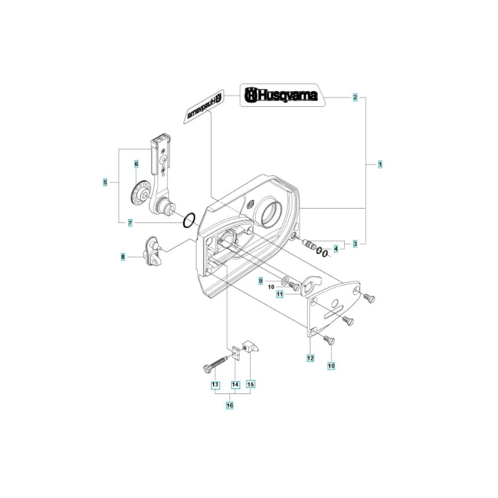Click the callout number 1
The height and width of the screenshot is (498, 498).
tap(380, 164)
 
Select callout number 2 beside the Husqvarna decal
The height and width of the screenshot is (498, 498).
tap(355, 97)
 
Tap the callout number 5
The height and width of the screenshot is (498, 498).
tap(105, 182)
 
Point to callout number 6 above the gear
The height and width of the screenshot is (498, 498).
tap(136, 164)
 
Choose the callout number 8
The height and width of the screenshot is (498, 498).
tap(123, 256)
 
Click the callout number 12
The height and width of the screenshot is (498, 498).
tap(310, 358)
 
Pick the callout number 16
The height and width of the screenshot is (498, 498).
tap(230, 405)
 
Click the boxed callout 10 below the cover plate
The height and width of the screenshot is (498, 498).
tap(331, 366)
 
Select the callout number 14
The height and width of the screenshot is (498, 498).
tap(235, 384)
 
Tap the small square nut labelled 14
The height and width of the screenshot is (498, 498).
tap(236, 352)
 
